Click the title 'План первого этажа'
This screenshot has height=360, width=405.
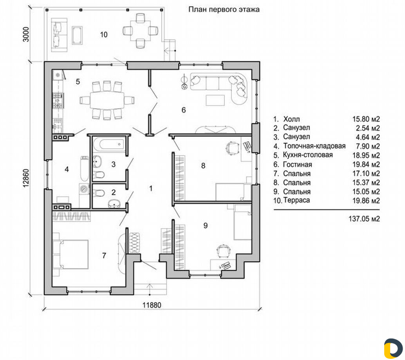(x=224, y=9)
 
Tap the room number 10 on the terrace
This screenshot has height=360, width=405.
(x=103, y=34)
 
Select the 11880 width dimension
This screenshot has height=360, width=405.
(x=152, y=305)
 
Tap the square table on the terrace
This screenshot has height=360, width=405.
(x=140, y=31)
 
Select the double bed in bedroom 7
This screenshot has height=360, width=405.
(x=71, y=254)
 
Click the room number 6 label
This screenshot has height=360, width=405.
(x=184, y=110)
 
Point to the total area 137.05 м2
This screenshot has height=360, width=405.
(x=364, y=219)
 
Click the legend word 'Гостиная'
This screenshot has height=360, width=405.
(x=298, y=164)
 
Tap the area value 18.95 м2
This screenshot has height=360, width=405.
(x=366, y=155)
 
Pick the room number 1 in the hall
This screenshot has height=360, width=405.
(x=151, y=188)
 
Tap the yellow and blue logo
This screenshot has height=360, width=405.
(x=393, y=349)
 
